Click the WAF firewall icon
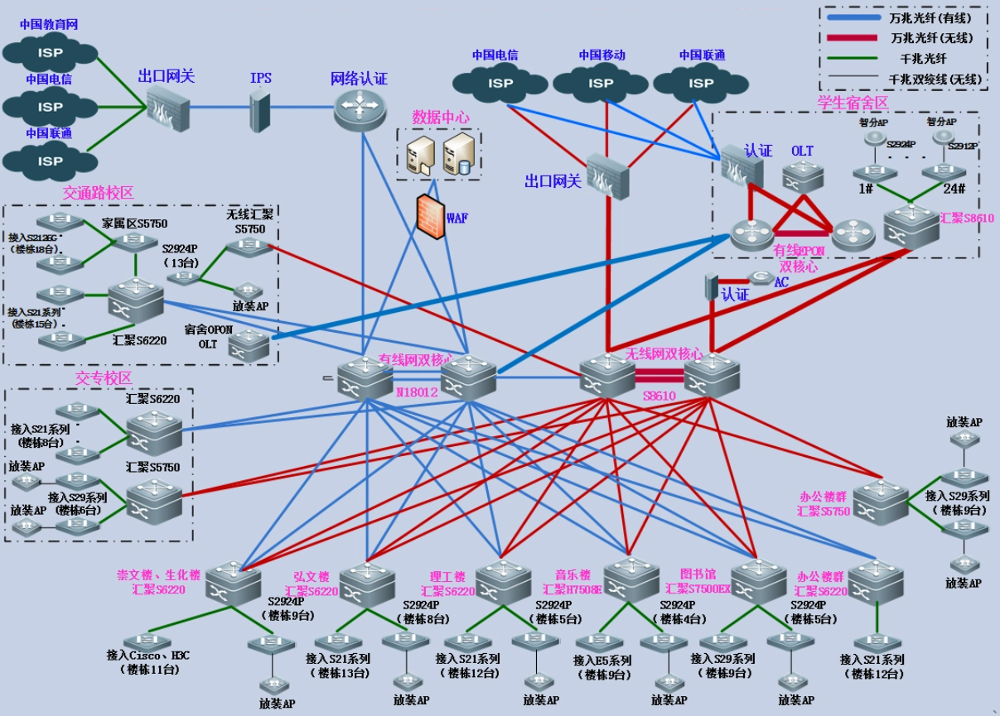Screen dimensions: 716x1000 (x=429, y=217)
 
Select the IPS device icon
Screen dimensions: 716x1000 (x=260, y=108)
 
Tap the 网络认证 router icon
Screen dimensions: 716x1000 (x=361, y=108)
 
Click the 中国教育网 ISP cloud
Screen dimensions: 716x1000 (x=50, y=53)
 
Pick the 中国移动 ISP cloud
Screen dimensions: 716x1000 (x=601, y=82)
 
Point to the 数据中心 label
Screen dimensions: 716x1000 (x=440, y=118)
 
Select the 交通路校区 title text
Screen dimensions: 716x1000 (x=98, y=193)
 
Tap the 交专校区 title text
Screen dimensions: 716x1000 (x=104, y=378)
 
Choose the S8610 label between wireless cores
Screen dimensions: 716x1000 (x=659, y=396)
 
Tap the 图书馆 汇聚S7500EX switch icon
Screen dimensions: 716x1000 (x=758, y=579)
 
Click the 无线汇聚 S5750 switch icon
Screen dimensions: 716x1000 (x=247, y=245)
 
